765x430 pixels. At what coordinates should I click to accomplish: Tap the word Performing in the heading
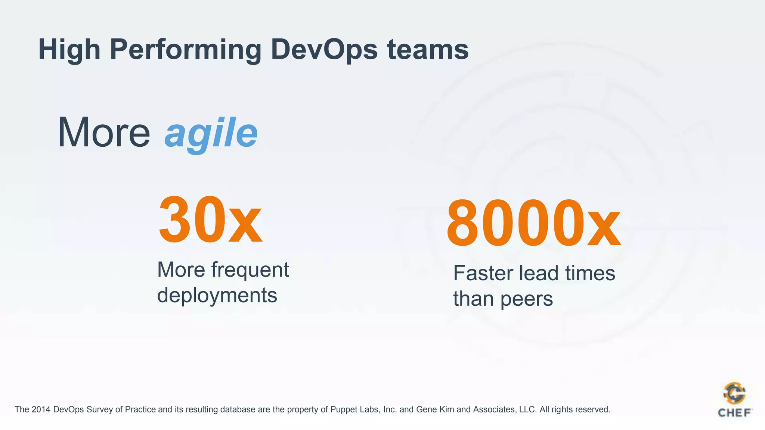185,50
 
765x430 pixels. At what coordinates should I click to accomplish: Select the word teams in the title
428,49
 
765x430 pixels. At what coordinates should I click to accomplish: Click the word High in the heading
69,50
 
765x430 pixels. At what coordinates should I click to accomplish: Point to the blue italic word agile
211,133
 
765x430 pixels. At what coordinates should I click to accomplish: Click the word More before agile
103,133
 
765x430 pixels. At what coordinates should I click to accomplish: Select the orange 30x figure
210,220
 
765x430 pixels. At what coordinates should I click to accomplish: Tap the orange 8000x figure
533,224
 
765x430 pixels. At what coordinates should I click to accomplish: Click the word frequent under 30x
250,269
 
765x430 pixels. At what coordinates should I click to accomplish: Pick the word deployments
217,295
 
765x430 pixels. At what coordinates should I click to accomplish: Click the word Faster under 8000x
483,273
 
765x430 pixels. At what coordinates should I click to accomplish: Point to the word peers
526,299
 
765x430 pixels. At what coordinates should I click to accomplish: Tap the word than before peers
473,299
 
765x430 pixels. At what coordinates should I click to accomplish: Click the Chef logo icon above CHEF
734,393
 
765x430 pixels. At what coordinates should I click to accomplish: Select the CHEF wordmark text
734,413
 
